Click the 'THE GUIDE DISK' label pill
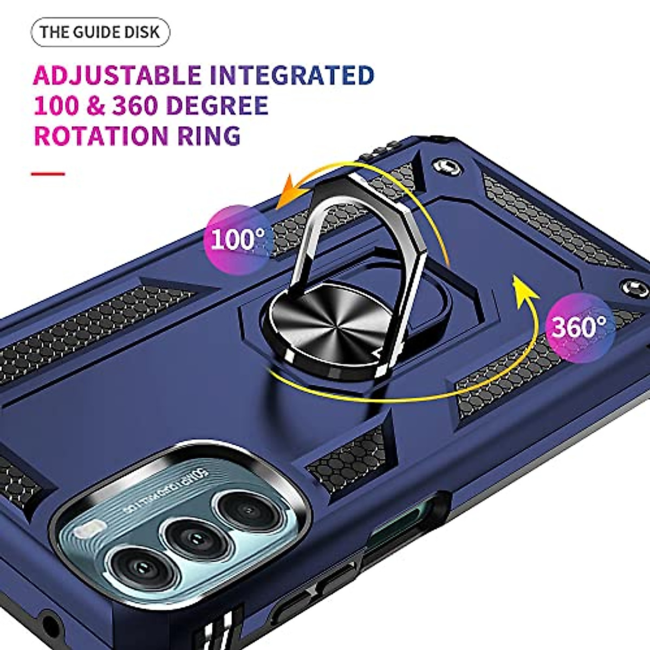point(100,32)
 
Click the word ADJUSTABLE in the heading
point(117,75)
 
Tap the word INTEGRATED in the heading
point(292,75)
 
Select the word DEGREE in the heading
point(217,106)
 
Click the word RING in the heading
point(209,135)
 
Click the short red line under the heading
point(48,174)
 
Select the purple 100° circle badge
point(236,239)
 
